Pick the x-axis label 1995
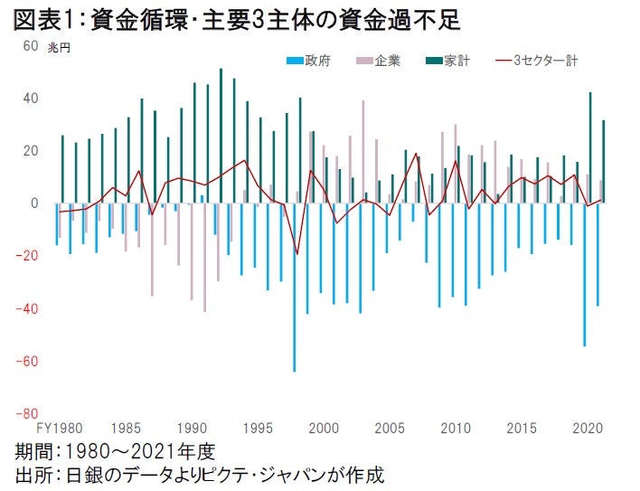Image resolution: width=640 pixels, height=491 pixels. coord(259,427)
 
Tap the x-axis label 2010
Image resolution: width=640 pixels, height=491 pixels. coord(456,427)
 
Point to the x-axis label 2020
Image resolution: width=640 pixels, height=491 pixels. coord(587,427)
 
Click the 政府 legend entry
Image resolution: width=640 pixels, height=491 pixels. coord(308,61)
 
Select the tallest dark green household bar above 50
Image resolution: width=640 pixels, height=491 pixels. coord(221,136)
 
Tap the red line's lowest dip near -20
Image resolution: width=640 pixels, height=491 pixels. coord(296,254)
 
